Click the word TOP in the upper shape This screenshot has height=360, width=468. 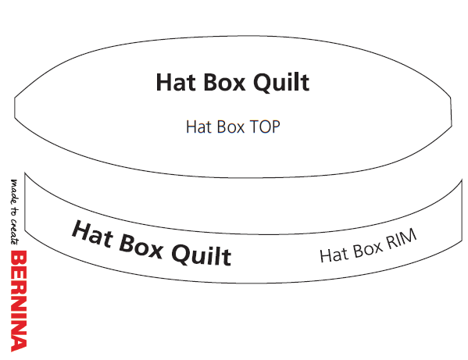(265, 127)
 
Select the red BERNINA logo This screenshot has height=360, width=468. (19, 301)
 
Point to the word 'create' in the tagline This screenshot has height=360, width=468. (15, 232)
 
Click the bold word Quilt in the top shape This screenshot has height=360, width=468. (281, 83)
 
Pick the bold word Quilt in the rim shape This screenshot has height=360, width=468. (202, 255)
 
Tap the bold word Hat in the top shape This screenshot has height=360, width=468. (176, 82)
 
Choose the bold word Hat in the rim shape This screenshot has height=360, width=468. (93, 233)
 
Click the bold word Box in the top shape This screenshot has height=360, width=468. (224, 82)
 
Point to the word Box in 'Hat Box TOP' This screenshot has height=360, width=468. (230, 127)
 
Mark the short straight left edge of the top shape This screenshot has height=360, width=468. (15, 107)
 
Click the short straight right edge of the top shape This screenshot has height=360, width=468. (451, 112)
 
